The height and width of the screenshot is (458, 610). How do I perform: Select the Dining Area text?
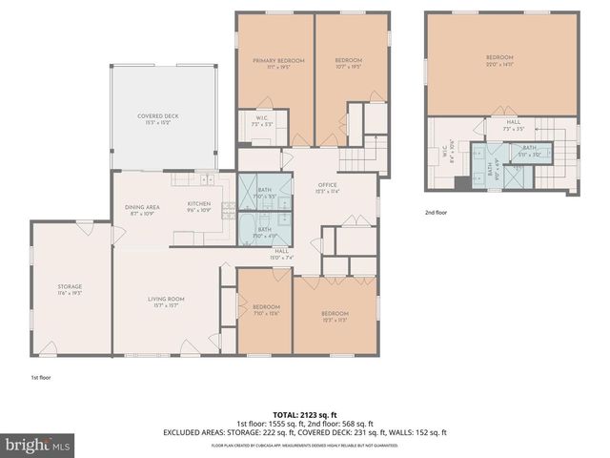141,208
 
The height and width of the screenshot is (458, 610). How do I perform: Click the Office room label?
328,187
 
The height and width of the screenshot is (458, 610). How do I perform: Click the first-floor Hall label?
281,253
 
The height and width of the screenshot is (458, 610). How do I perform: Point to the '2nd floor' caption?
436,213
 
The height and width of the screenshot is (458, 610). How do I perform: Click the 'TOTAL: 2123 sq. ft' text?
305,416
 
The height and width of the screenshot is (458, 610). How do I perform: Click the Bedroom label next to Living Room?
266,309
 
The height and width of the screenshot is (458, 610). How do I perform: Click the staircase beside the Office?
356,156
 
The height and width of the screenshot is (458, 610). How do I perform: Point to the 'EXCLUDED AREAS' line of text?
305,432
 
